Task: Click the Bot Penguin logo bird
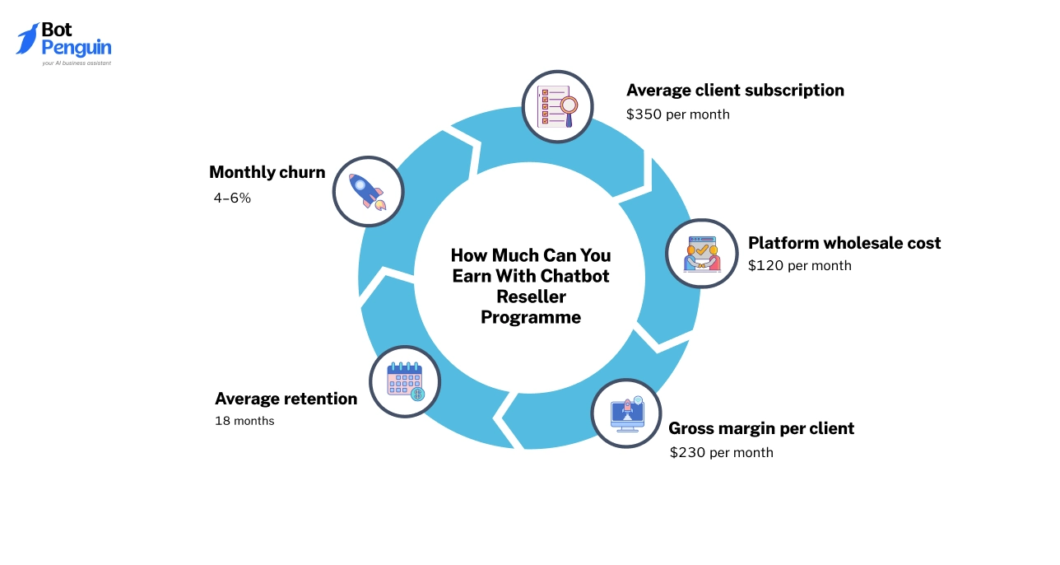coord(27,39)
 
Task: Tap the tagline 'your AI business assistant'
coord(77,63)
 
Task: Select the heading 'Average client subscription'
coord(735,90)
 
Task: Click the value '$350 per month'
coord(677,114)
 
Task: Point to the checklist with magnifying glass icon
coord(557,106)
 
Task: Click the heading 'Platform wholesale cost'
coord(844,243)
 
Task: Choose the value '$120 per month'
coord(799,266)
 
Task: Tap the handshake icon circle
coord(701,254)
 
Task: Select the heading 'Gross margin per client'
coord(760,428)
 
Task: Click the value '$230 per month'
coord(721,452)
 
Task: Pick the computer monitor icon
coord(626,413)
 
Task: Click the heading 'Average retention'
coord(286,399)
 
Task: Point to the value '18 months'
coord(244,421)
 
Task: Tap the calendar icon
coord(404,381)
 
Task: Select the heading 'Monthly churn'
coord(267,172)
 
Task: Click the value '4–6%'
coord(232,198)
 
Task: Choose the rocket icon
coord(367,191)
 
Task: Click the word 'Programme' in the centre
coord(531,317)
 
